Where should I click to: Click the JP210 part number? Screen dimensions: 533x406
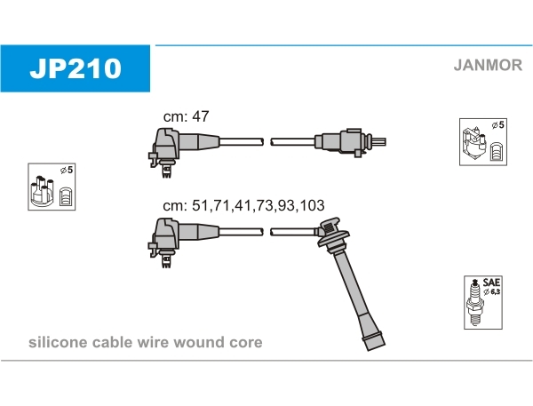point(76,68)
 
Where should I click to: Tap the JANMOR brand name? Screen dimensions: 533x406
point(488,65)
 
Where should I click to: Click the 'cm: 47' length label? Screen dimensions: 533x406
point(186,116)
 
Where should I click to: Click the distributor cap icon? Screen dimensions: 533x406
point(42,191)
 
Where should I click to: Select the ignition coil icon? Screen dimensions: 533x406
point(474,144)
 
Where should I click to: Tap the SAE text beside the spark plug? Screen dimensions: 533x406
point(491,283)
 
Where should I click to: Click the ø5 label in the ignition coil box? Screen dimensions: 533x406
point(497,125)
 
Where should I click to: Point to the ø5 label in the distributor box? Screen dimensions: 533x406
point(67,170)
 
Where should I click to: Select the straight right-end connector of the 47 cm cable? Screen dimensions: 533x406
point(350,141)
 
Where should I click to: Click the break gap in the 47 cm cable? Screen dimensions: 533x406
point(267,142)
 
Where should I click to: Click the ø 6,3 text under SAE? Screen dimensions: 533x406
point(491,291)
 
